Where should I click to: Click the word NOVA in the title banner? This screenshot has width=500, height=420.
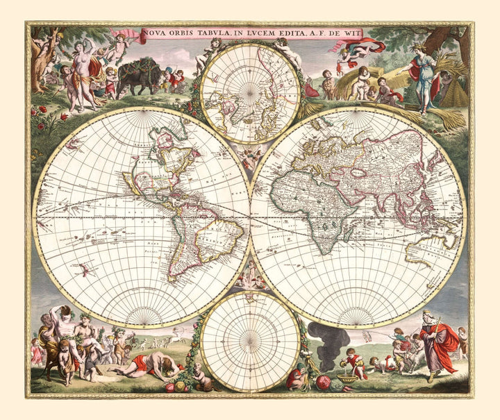coord(154,33)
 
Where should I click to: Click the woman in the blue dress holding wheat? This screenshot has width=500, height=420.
coord(424,80)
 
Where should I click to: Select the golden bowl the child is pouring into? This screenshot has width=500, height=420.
coord(347,378)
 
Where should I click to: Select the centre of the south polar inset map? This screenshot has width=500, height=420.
coord(250,341)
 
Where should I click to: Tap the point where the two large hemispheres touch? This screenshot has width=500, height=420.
coord(250,217)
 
